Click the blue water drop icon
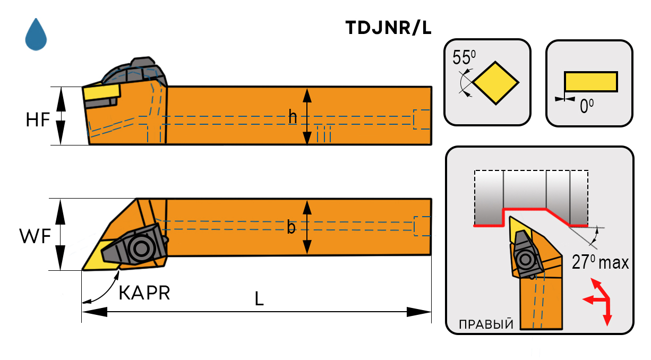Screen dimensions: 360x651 [x=36, y=36]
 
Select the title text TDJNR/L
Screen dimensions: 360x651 [x=388, y=28]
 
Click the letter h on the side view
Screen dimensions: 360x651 [x=293, y=117]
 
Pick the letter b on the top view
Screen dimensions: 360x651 [x=292, y=227]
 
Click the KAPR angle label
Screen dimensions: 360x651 [x=144, y=293]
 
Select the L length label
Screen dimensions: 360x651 [x=259, y=299]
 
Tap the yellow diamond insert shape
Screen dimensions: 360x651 [x=495, y=83]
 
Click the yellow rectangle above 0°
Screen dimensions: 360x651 [x=590, y=82]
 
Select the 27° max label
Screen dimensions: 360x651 [x=600, y=262]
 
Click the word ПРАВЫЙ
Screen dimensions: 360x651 [x=486, y=324]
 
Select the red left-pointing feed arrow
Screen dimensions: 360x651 [x=588, y=300]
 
